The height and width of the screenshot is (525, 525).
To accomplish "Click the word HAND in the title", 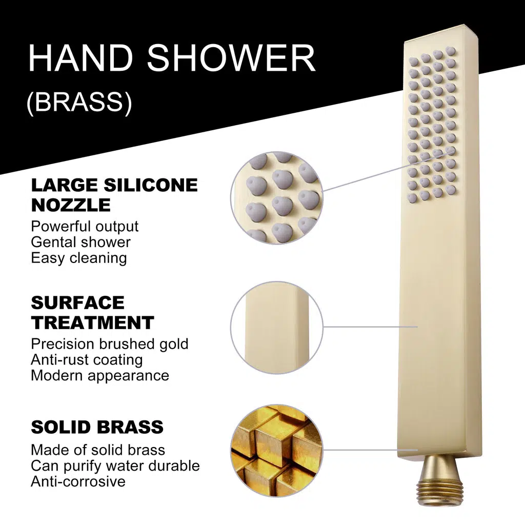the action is (80, 58).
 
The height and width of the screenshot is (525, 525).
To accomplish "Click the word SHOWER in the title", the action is (231, 58).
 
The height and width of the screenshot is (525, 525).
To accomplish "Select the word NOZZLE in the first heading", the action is (71, 205).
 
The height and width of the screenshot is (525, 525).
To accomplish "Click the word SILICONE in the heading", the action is (151, 185).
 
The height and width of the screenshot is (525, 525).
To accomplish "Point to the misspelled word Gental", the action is (52, 243).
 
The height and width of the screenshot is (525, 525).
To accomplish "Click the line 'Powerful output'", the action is (85, 227).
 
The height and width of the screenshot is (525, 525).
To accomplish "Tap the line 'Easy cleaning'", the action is (79, 258).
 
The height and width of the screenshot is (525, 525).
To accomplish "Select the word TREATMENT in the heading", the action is (92, 323).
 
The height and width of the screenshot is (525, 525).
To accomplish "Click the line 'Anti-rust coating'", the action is (87, 360).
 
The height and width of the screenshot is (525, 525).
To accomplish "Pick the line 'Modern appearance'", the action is (100, 376).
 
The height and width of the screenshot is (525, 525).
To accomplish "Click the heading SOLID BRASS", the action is (97, 427).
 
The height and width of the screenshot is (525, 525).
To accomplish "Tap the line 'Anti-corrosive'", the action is (78, 481).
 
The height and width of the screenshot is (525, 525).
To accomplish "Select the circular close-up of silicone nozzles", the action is (277, 197).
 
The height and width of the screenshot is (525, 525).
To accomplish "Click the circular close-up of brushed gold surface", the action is (277, 328).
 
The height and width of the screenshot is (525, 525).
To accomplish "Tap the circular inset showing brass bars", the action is (277, 450).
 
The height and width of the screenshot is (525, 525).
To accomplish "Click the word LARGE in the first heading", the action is (65, 185).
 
